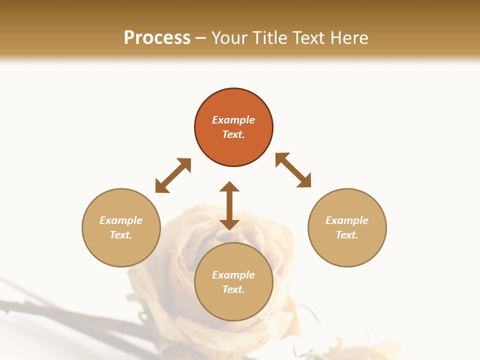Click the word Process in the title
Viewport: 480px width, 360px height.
point(157,38)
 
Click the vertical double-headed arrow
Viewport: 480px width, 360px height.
point(229,205)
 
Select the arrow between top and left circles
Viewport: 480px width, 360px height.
point(173,175)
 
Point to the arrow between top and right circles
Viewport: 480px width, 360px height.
point(293,170)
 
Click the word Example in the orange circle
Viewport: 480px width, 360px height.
point(233,120)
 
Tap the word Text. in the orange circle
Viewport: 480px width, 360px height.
point(233,134)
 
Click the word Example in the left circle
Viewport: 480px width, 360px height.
point(121,220)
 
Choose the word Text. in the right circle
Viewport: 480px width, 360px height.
point(347,235)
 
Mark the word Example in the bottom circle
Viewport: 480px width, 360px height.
point(233,275)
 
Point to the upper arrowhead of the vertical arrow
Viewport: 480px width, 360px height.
point(229,187)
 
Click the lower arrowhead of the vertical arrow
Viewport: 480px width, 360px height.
point(229,224)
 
